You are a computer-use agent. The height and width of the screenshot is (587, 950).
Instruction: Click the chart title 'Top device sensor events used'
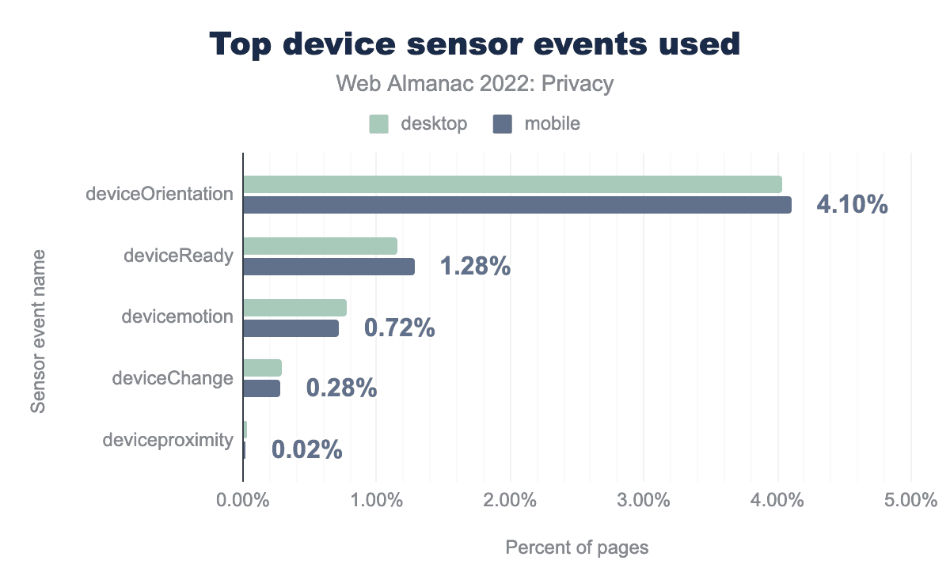tap(475, 45)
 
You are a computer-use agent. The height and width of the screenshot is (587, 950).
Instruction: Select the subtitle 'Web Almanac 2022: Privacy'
tap(475, 83)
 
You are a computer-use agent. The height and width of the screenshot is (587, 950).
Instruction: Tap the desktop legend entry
tap(419, 123)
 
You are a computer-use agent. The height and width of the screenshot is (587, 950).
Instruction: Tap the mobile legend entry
tap(537, 123)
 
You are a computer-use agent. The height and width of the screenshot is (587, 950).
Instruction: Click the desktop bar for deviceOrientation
tap(512, 184)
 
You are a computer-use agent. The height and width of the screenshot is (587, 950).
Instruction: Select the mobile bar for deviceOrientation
tap(517, 205)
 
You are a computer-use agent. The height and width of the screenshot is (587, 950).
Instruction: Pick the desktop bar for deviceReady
tap(320, 246)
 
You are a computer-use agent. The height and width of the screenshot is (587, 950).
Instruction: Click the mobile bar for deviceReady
tap(329, 267)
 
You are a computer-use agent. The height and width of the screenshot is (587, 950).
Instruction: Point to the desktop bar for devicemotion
tap(294, 308)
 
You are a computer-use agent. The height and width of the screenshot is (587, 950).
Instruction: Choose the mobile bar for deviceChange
tap(261, 388)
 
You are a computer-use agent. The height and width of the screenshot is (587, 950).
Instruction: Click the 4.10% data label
tap(852, 205)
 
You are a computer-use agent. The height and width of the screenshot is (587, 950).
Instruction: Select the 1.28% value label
tap(475, 267)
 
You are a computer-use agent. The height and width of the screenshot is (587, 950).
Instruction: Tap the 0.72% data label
tap(399, 328)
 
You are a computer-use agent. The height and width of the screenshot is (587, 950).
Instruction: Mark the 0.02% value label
tap(306, 450)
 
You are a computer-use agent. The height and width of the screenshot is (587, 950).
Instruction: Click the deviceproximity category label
tap(168, 440)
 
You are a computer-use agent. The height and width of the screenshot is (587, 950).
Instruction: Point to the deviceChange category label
tap(173, 378)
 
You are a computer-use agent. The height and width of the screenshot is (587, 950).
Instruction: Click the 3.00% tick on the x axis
tap(644, 501)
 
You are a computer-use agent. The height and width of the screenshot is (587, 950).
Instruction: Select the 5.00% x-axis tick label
tap(911, 501)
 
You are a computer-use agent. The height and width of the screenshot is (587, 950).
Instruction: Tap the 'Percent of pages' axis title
tap(576, 547)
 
